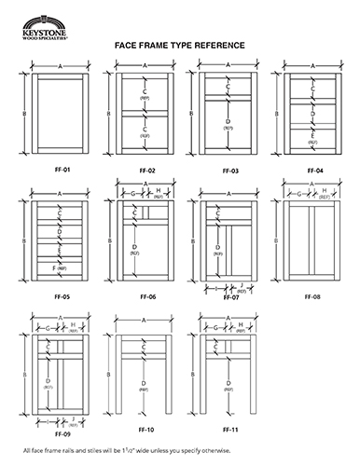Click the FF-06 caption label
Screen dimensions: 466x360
pyautogui.click(x=145, y=296)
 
